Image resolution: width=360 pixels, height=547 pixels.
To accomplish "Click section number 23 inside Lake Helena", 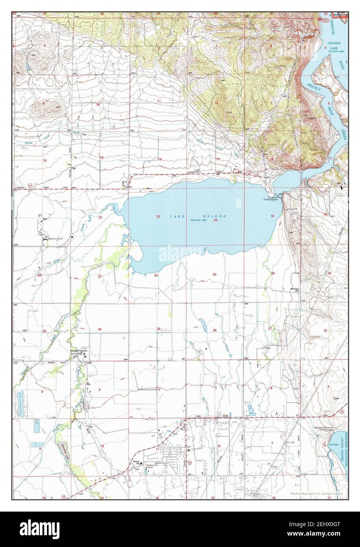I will click(158, 217).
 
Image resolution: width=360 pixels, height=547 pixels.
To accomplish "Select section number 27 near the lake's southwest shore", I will click(100, 277).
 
